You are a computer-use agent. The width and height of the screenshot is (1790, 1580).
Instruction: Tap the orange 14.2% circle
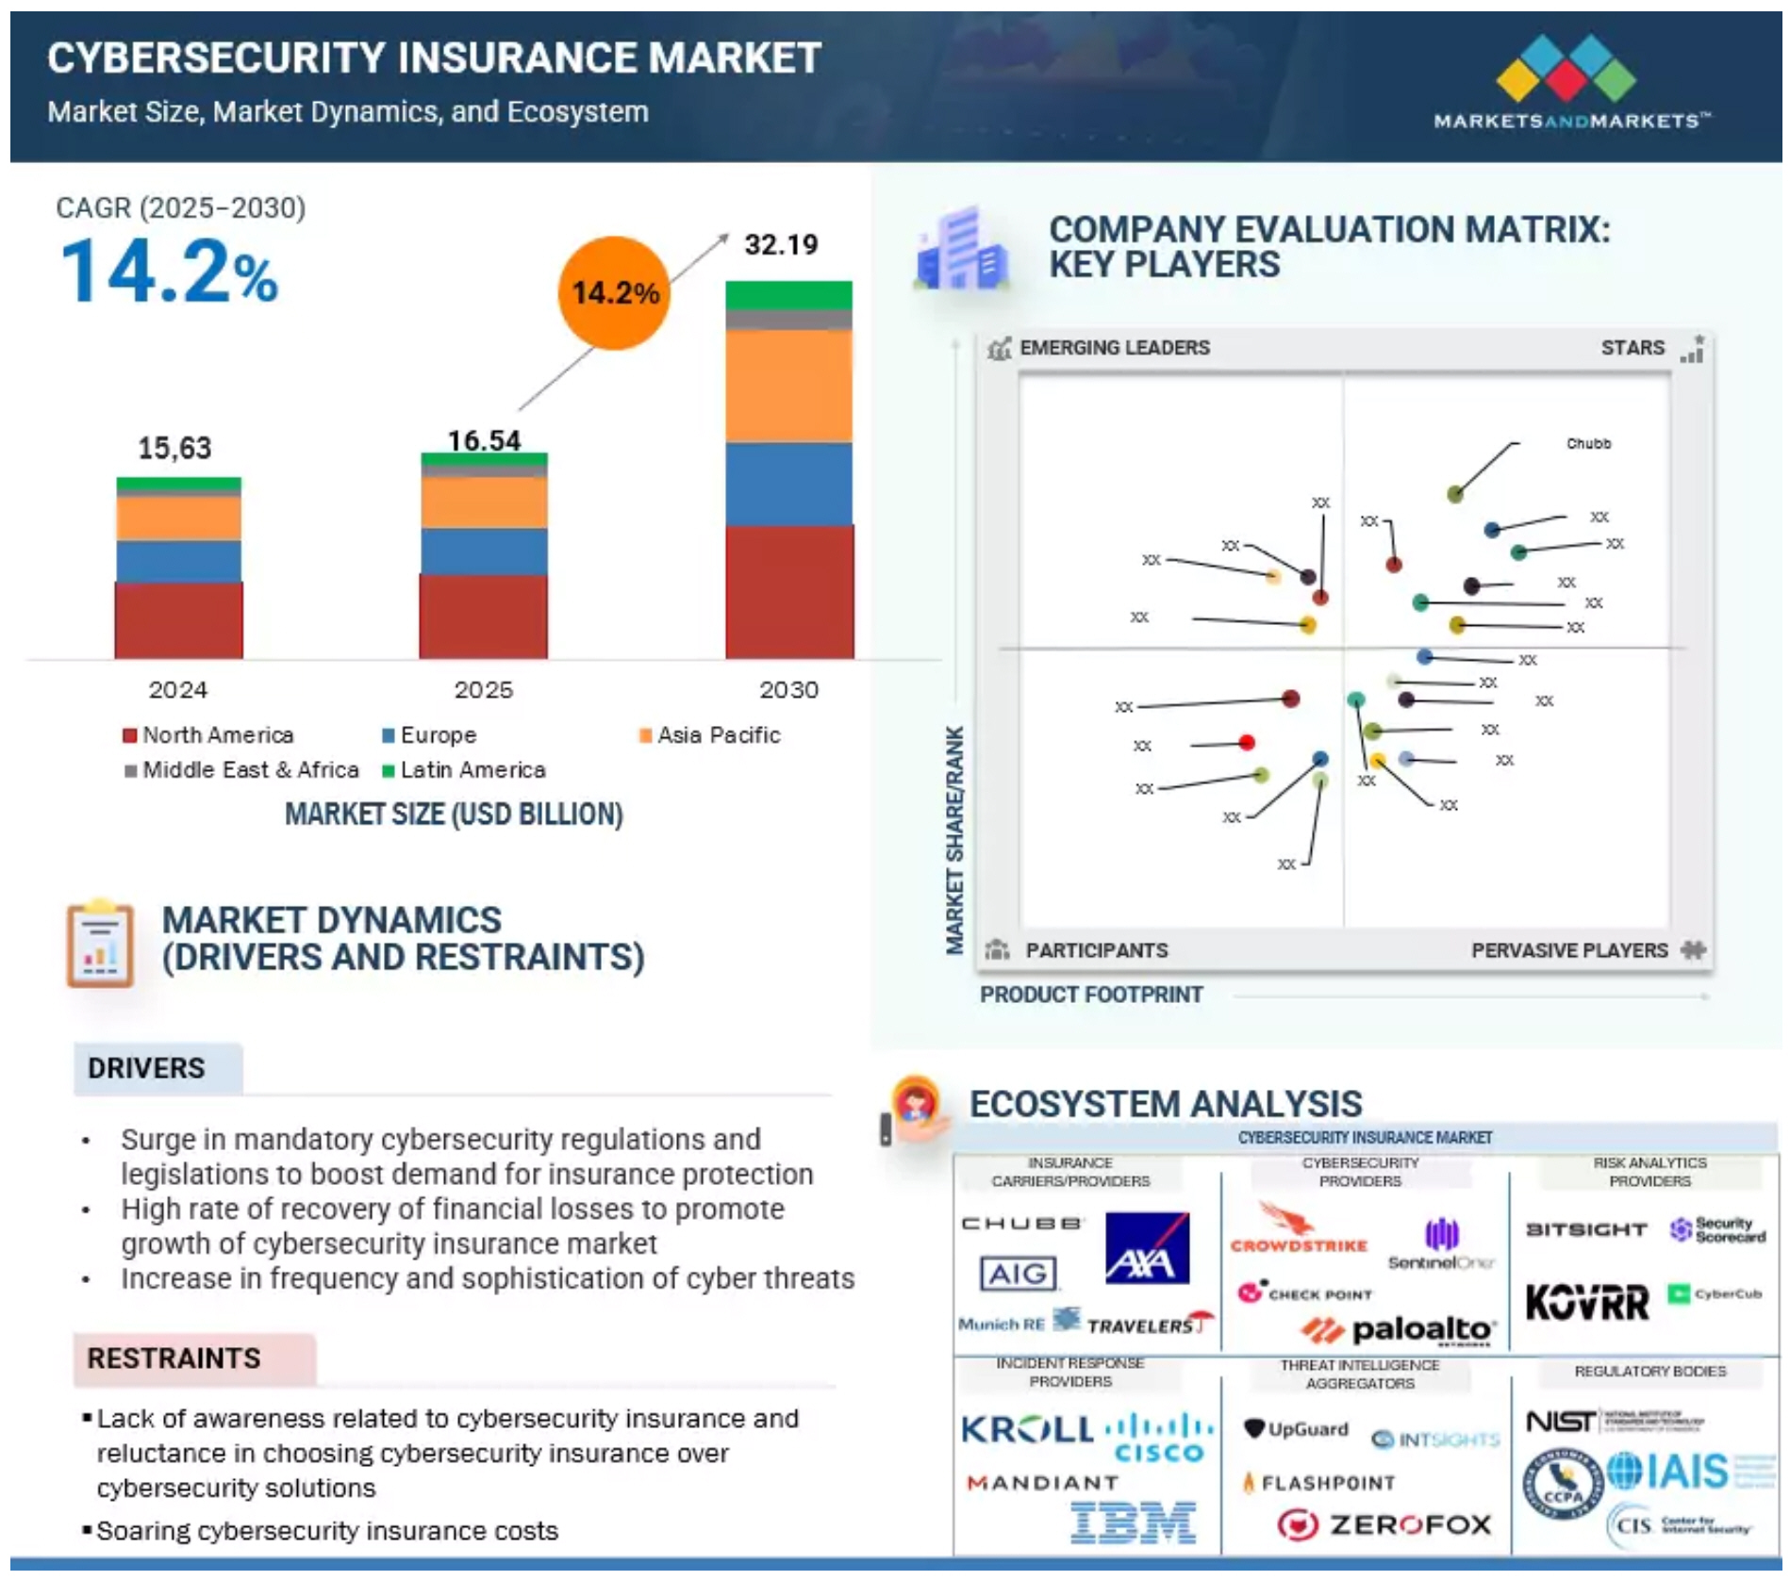click(x=614, y=293)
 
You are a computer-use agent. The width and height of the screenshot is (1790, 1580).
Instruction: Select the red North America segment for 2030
click(x=789, y=591)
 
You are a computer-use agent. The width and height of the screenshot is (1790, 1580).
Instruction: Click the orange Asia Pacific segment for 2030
click(x=789, y=385)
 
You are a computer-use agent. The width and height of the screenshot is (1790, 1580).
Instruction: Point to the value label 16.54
click(x=484, y=440)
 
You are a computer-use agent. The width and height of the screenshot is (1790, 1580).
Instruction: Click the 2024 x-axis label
click(x=177, y=690)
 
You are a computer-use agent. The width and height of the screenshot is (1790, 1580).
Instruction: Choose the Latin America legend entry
click(x=463, y=770)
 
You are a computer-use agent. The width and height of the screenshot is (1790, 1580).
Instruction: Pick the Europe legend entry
click(x=429, y=735)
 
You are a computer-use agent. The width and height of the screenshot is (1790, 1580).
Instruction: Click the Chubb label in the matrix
click(x=1588, y=443)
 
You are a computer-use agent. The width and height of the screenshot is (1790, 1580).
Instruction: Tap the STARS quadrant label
click(x=1633, y=348)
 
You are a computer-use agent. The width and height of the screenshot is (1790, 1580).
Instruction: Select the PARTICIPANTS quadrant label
click(x=1096, y=950)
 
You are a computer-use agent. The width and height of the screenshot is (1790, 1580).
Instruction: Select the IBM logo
click(x=1134, y=1522)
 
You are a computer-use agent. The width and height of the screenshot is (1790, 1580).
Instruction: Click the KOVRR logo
click(x=1587, y=1303)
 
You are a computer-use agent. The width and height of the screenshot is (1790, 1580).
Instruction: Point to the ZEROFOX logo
click(x=1384, y=1523)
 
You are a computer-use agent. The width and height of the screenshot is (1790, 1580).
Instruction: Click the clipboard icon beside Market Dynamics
click(x=99, y=944)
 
